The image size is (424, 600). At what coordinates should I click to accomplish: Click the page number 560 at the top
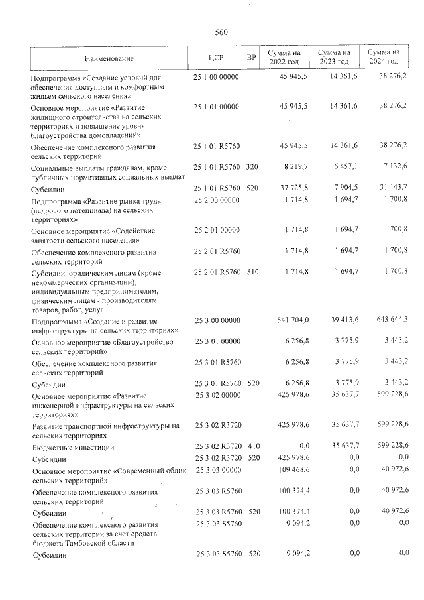[x=221, y=32]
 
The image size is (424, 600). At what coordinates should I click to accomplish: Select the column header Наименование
[x=109, y=58]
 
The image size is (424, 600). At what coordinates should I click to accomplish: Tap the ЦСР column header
[x=216, y=58]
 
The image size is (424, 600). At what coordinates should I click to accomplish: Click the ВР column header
[x=252, y=58]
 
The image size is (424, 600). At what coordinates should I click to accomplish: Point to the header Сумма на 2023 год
[x=334, y=57]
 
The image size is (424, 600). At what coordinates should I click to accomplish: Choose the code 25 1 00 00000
[x=217, y=78]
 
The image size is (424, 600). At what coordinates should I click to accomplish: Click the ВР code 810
[x=252, y=272]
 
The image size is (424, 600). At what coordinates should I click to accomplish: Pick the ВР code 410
[x=252, y=448]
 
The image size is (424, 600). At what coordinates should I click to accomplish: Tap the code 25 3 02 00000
[x=217, y=396]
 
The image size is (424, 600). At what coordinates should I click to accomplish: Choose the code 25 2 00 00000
[x=217, y=200]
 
